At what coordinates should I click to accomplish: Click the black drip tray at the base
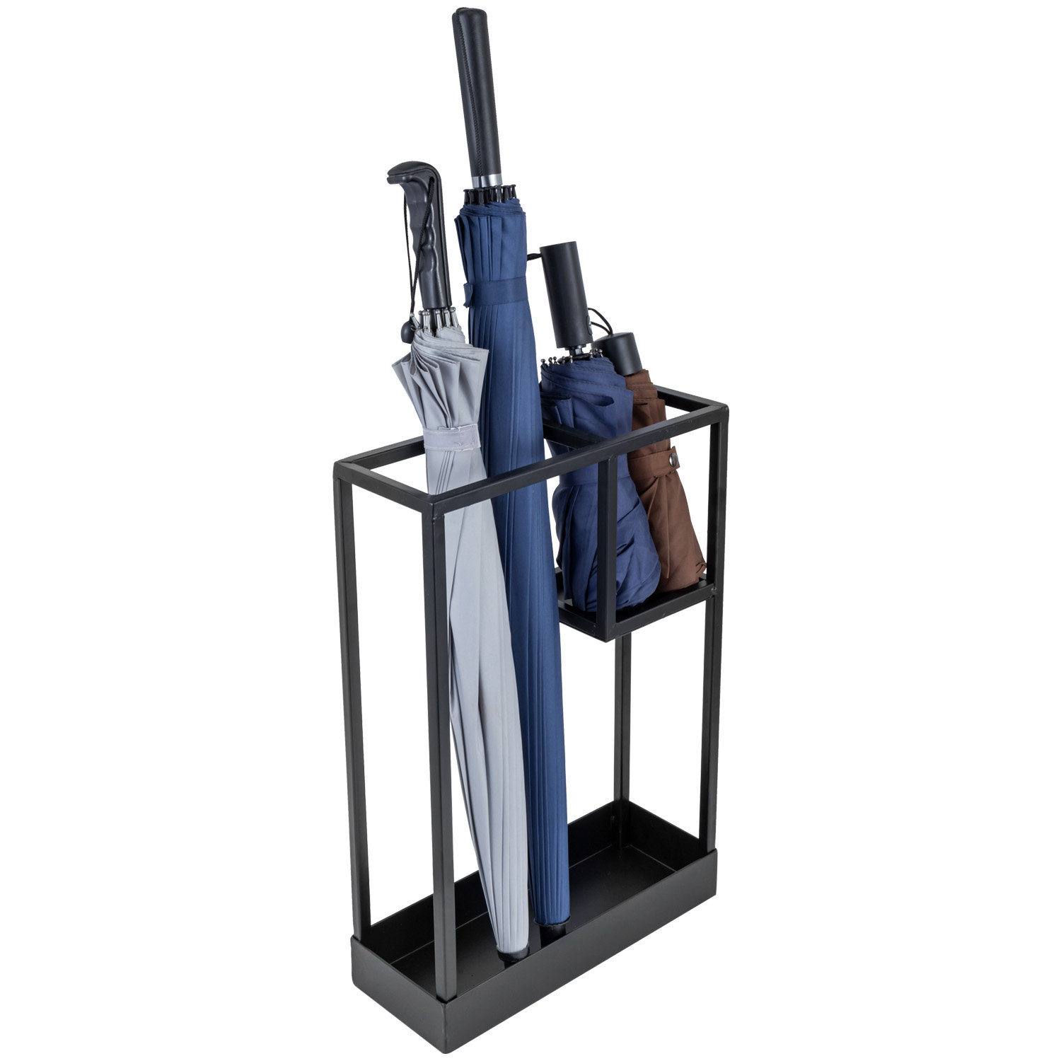(538, 990)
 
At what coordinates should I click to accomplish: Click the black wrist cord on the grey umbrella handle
(409, 283)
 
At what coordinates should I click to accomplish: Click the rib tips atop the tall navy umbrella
(489, 195)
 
